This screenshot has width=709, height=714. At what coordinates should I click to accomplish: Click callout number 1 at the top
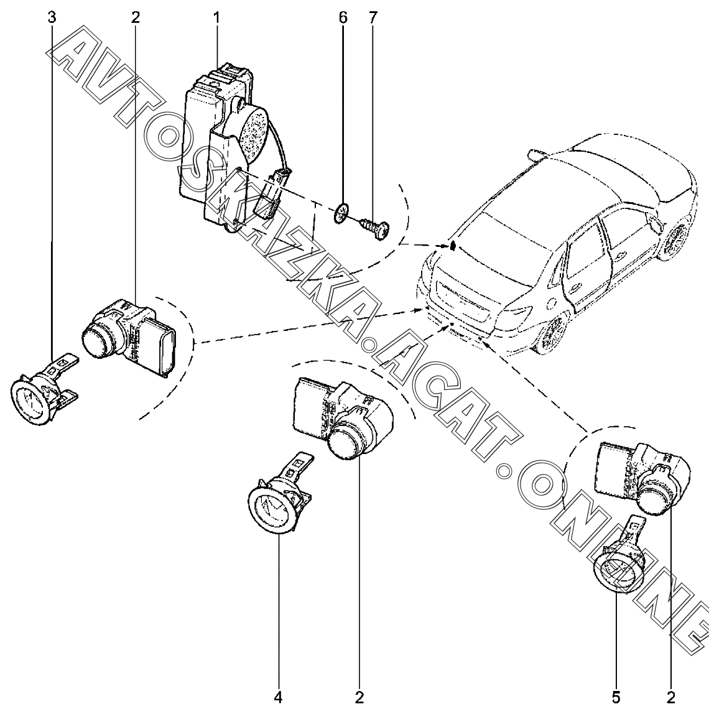(x=216, y=17)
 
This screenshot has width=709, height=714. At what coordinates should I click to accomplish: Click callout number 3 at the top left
(x=52, y=17)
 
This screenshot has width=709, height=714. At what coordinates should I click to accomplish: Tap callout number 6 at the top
(x=343, y=17)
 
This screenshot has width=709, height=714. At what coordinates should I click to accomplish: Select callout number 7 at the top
(x=373, y=17)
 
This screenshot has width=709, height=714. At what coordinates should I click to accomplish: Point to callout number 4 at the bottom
(x=279, y=695)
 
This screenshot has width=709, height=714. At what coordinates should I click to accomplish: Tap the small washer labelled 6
(x=341, y=213)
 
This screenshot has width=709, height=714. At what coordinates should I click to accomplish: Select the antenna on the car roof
(x=534, y=152)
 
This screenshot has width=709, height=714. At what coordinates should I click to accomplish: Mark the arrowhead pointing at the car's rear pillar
(x=453, y=245)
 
